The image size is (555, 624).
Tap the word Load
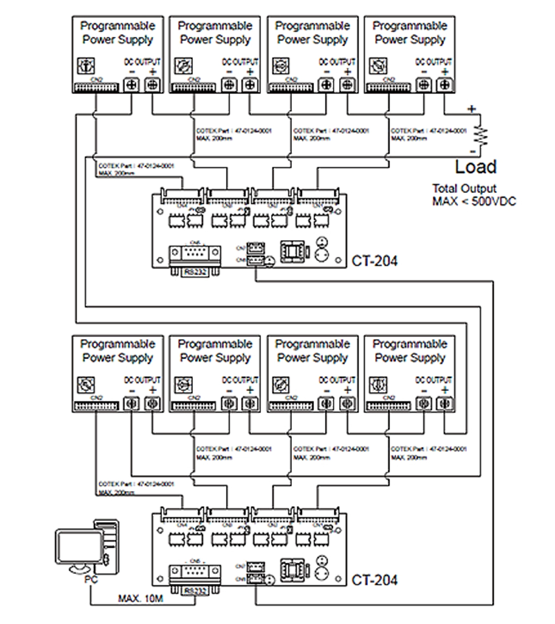click(476, 167)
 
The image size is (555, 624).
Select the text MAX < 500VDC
click(474, 201)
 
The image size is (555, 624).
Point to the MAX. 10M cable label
click(140, 599)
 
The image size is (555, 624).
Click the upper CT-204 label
click(374, 261)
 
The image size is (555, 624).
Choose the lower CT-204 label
click(374, 580)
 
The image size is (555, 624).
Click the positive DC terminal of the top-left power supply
click(152, 85)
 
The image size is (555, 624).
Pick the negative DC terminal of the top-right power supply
click(424, 85)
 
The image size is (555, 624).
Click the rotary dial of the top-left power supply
click(85, 66)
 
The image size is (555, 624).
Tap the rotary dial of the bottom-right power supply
click(378, 385)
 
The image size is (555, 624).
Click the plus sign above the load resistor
click(472, 109)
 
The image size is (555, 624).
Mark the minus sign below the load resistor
click(473, 152)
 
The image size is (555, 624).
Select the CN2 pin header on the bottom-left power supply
click(96, 406)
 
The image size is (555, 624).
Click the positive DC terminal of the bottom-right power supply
click(444, 404)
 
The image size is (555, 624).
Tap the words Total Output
click(464, 189)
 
